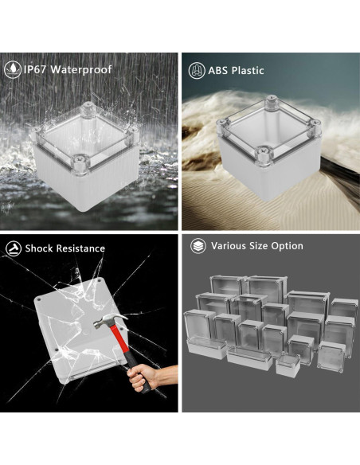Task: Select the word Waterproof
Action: click(x=84, y=69)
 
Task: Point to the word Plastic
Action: click(x=248, y=70)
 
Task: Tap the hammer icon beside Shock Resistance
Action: click(x=14, y=248)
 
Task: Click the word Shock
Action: click(x=39, y=248)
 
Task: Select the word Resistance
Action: click(x=80, y=248)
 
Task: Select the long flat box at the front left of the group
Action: click(x=206, y=348)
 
